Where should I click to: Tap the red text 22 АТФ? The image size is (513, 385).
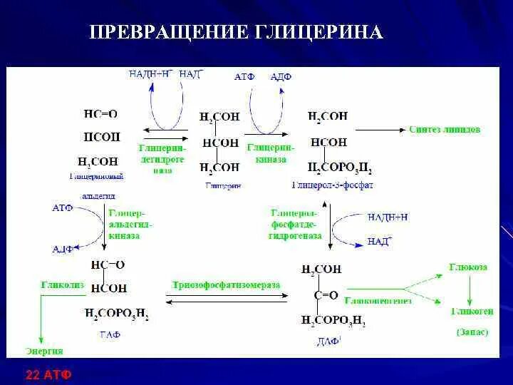[x=48, y=374]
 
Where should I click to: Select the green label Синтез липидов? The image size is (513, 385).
[x=445, y=130]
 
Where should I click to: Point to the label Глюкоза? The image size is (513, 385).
[x=468, y=267]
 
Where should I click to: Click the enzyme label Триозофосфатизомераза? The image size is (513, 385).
[x=226, y=285]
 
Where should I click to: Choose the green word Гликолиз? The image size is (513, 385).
[x=62, y=284]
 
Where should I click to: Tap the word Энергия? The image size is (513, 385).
[x=45, y=351]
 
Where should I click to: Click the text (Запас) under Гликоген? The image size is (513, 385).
[x=472, y=332]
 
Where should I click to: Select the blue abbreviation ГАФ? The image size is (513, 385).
[x=110, y=333]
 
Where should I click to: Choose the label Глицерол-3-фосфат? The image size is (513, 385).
[x=332, y=185]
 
